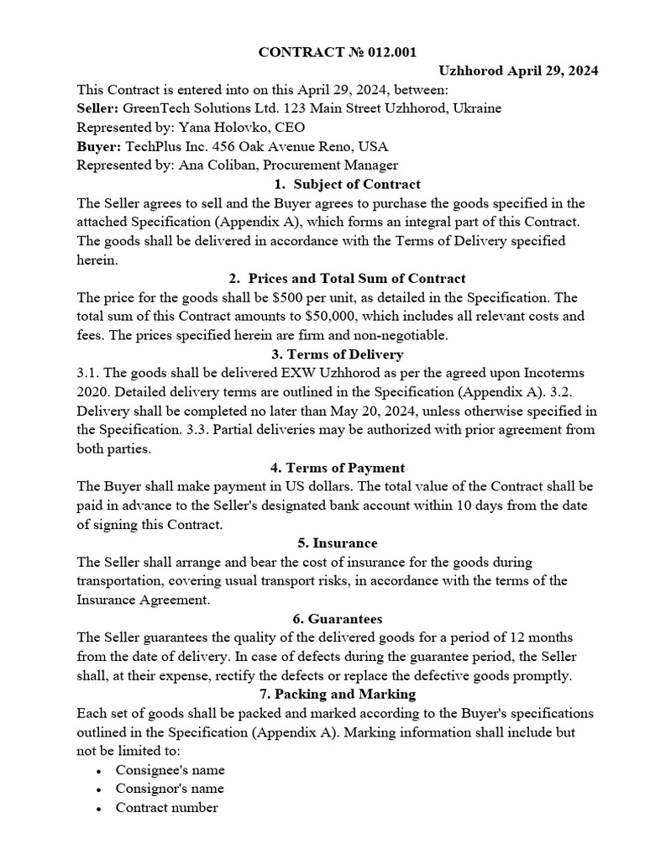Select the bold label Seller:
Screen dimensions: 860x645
point(97,108)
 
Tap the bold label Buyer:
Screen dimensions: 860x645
point(97,146)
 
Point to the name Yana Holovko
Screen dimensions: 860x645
point(218,128)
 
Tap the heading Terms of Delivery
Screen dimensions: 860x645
point(348,354)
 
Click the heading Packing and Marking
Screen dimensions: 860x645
point(348,695)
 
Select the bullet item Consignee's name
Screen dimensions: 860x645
point(170,770)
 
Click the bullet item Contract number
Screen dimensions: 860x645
point(166,808)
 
